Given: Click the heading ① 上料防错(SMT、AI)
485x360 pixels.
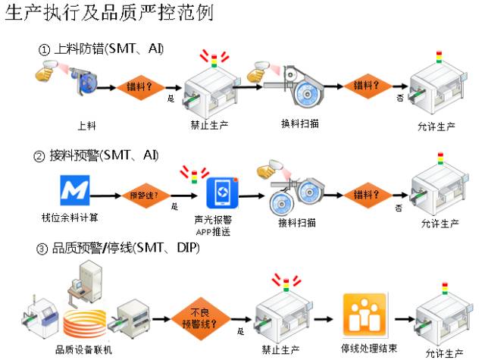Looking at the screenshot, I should (x=102, y=49).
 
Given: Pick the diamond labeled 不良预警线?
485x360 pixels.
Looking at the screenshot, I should (x=201, y=317).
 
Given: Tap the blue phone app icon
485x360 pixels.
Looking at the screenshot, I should (x=223, y=193).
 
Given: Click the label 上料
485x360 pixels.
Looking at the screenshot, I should (x=86, y=124).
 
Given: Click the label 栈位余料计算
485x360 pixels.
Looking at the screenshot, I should (x=69, y=218).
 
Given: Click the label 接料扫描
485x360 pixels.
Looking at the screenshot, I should (x=297, y=223).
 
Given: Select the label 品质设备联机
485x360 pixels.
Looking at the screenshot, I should (x=83, y=349).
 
